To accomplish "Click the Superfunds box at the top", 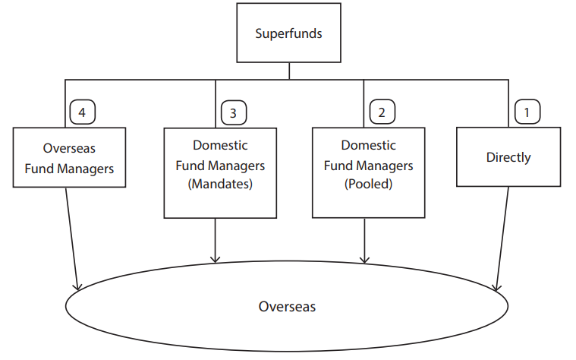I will [288, 33].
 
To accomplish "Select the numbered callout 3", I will [233, 113].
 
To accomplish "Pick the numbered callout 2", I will [382, 112].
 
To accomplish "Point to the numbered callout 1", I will [527, 112].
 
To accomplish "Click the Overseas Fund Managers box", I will [69, 157].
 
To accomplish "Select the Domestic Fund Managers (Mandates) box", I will [220, 174].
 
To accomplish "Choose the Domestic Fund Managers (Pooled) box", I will [369, 173].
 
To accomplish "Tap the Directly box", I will [508, 157].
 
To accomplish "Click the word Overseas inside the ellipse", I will [287, 307].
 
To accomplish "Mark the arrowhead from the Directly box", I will [496, 287].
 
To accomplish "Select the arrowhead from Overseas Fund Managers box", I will [77, 286].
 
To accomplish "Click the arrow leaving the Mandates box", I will [216, 240].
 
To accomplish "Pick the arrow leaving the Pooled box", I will [365, 240].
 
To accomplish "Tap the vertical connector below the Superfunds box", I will [289, 71].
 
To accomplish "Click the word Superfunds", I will [288, 33].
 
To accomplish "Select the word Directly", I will [508, 158].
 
